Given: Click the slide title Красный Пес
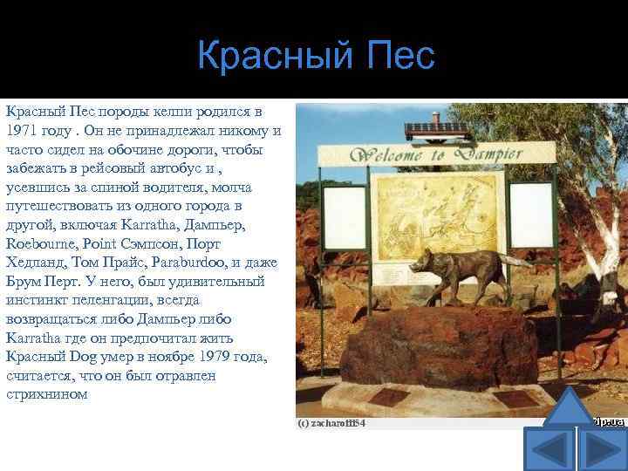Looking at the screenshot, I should (x=315, y=57).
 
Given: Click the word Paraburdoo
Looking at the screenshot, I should (x=186, y=263).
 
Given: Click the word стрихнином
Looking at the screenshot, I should (x=47, y=394).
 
